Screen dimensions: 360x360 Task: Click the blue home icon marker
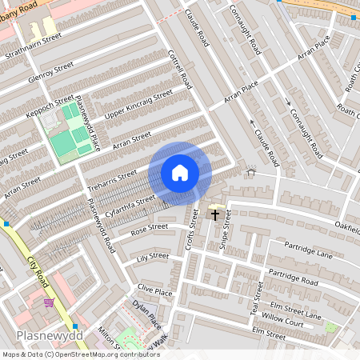tap(180, 173)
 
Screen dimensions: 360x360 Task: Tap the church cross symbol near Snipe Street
tap(214, 214)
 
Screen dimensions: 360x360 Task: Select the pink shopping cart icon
tap(50, 302)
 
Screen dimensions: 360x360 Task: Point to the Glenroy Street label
tap(50, 71)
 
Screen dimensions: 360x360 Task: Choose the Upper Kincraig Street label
tap(138, 104)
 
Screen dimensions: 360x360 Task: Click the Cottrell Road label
tap(181, 69)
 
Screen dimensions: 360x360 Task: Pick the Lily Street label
tap(153, 256)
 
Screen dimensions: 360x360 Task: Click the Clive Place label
tap(154, 290)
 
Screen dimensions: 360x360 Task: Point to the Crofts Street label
tap(190, 231)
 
